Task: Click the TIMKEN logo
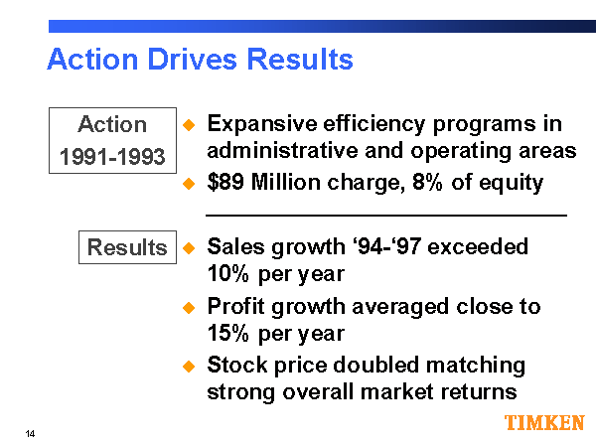(544, 423)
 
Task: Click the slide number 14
(31, 434)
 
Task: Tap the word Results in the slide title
(304, 60)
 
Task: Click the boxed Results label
(127, 247)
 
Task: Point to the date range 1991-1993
(112, 157)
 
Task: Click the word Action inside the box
(112, 124)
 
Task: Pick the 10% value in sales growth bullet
(227, 273)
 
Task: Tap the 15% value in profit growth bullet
(227, 333)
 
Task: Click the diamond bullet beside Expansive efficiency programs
(189, 126)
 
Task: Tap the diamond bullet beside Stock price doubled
(189, 367)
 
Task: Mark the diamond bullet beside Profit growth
(189, 308)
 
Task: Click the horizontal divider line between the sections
(385, 215)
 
